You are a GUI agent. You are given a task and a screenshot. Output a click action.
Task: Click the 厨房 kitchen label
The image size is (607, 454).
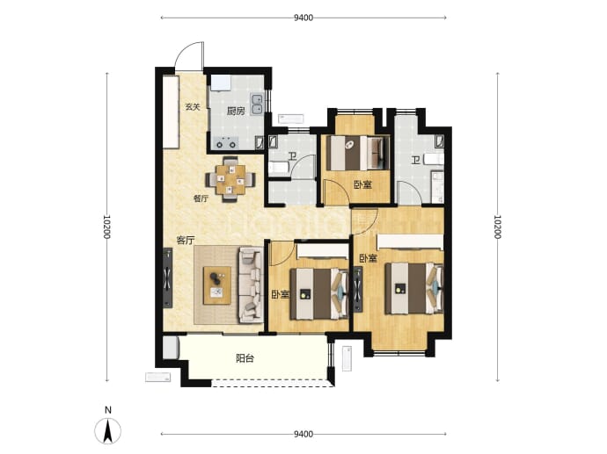click(236, 112)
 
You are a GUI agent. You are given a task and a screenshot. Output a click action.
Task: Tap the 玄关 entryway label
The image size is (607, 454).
click(193, 107)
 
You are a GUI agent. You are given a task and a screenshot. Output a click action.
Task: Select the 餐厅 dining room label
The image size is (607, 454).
click(201, 199)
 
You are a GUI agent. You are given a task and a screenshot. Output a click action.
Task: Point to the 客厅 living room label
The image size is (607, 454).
click(185, 241)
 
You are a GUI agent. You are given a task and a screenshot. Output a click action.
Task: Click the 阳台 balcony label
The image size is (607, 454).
click(245, 358)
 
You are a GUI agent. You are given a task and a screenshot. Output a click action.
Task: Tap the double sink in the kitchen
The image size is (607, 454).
click(257, 104)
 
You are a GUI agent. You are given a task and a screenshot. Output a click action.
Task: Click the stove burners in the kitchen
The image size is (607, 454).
click(226, 143)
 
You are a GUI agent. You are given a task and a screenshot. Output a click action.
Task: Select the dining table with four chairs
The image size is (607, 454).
click(230, 179)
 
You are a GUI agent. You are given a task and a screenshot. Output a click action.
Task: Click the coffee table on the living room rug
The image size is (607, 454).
click(217, 285)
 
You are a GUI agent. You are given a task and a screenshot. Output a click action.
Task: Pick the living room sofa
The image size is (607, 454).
click(252, 285)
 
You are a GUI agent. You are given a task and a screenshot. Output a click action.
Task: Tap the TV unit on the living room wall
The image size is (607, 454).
click(167, 277)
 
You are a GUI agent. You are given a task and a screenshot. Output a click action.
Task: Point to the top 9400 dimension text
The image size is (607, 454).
click(303, 18)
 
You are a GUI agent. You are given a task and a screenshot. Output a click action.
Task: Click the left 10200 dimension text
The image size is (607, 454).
click(106, 227)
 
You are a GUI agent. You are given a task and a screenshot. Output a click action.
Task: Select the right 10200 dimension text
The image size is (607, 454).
click(497, 227)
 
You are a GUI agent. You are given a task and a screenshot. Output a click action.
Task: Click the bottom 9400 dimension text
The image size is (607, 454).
click(303, 435)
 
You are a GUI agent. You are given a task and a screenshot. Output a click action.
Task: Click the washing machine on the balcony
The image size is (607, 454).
click(171, 348)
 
